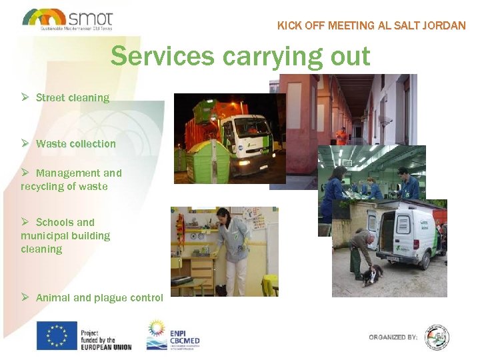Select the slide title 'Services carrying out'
tap(240, 56)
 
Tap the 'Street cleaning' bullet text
tap(72, 97)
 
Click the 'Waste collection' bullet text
tap(75, 143)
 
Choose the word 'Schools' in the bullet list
tap(55, 222)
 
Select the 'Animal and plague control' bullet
tap(99, 297)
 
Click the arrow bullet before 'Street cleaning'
tap(24, 97)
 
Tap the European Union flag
tap(57, 335)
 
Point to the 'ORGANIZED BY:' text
tap(393, 337)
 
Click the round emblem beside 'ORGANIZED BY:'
tap(437, 337)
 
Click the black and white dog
tap(371, 274)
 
